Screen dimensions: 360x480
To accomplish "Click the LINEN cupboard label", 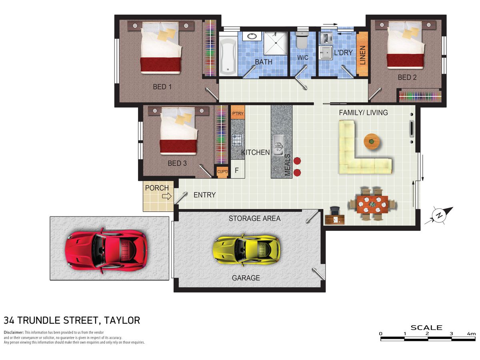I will tap(362, 55).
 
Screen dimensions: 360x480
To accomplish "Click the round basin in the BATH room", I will tap(252, 36).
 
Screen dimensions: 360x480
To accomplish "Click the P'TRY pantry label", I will tap(238, 114).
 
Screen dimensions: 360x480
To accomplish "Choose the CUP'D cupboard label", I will tap(222, 172).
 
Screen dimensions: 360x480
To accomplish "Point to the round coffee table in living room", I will tap(372, 141).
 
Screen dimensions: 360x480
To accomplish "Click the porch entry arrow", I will tap(167, 196).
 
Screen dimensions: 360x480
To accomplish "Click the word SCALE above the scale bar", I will tap(426, 328).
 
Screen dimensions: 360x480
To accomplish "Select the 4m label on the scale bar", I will tap(471, 334).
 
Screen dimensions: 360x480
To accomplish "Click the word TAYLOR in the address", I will tap(122, 320).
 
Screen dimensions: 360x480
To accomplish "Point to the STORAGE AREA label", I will tap(254, 218).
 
